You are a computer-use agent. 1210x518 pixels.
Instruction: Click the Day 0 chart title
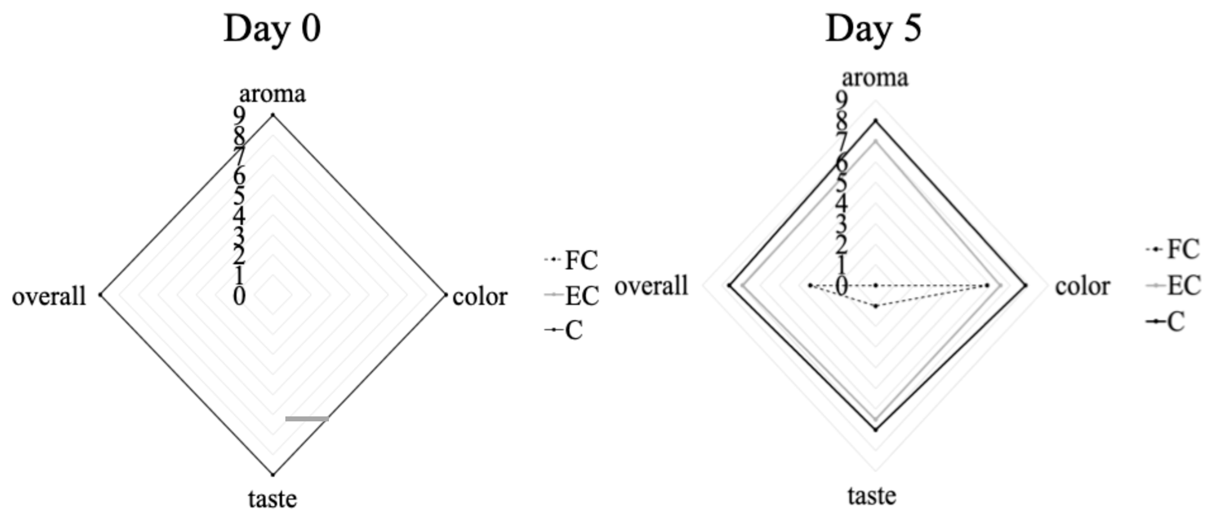tap(272, 29)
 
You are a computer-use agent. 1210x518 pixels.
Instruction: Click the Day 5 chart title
tap(874, 29)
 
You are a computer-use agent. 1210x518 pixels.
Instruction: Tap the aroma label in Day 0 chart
tap(272, 94)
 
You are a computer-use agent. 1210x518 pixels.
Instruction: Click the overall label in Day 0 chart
tap(49, 297)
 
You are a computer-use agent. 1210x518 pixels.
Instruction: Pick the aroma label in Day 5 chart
tap(875, 78)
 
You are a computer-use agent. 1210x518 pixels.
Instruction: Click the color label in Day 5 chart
tap(1082, 286)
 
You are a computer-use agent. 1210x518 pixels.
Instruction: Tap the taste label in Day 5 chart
tap(872, 496)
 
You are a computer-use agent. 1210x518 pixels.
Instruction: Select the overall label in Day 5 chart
tap(651, 286)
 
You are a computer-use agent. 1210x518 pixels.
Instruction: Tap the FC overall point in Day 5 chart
tap(810, 285)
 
